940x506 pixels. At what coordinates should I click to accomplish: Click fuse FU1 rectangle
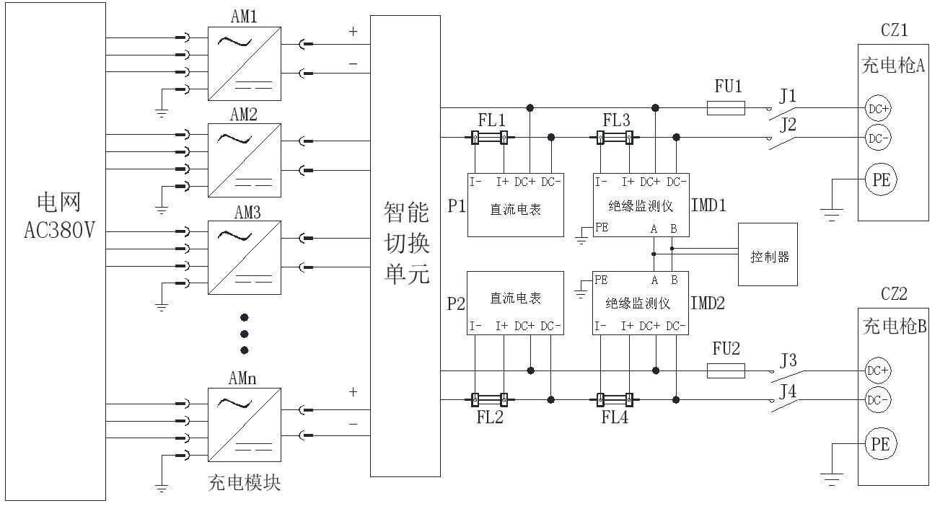pos(724,108)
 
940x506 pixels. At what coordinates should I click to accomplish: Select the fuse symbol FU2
pos(724,371)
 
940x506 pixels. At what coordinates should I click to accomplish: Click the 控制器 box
pos(769,257)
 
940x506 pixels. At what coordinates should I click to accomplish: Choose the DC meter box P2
pos(514,303)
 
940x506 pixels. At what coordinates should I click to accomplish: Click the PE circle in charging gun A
pos(880,180)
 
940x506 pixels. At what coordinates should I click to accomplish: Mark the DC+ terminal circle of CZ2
pos(877,370)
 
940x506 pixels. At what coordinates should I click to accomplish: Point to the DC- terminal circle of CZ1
pos(877,137)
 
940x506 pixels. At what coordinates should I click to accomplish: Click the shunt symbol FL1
pos(490,137)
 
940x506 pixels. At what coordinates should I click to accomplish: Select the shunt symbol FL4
pos(615,399)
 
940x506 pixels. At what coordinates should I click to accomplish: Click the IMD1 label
pos(708,205)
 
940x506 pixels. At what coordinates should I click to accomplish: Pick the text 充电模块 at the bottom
pos(245,483)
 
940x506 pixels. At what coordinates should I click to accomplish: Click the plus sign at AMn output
pos(353,392)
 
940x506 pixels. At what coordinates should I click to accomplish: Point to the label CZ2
pos(894,294)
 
